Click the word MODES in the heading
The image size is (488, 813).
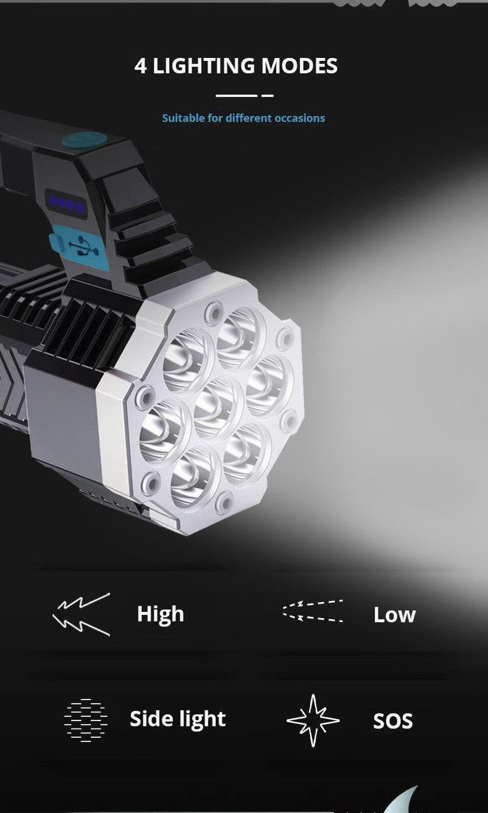click(299, 66)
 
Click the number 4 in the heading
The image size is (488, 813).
click(141, 66)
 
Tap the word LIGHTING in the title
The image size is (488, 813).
click(204, 66)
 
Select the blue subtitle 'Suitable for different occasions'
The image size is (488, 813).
click(243, 118)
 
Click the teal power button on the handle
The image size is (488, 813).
click(84, 141)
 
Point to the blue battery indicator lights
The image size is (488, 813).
click(67, 204)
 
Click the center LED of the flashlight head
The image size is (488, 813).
click(217, 406)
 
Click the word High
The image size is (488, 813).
click(160, 614)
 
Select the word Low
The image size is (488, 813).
click(394, 615)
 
